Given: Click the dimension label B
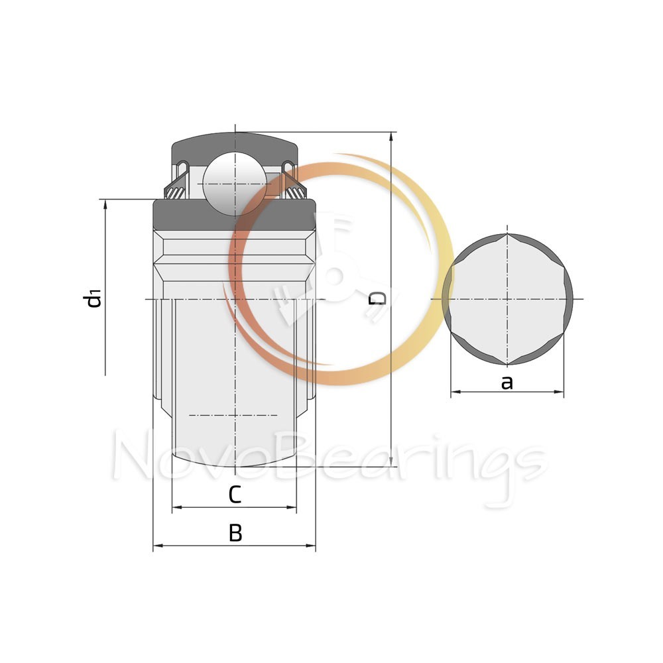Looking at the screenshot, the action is (x=235, y=533).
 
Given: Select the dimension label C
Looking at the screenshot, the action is (x=235, y=495).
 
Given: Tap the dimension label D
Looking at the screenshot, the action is (x=378, y=298).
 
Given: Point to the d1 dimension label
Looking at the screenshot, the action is (x=92, y=298).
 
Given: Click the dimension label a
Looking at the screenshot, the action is (x=507, y=383).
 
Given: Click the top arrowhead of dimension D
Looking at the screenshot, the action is (x=392, y=137).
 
